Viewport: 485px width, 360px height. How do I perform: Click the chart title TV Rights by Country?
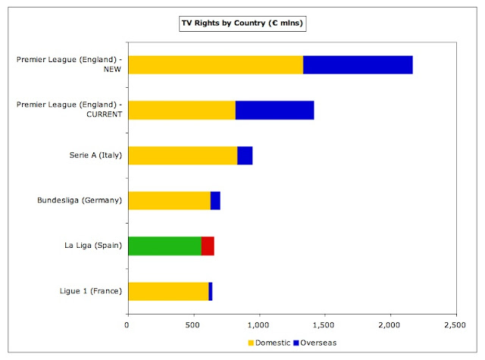click(242, 23)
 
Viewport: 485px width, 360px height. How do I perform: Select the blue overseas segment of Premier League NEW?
click(358, 65)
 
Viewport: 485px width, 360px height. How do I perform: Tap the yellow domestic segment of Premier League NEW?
click(215, 65)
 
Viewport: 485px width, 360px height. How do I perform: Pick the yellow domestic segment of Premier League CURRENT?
click(181, 110)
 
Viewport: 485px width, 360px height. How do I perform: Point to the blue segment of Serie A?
click(245, 155)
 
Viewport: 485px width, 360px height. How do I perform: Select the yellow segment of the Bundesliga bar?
click(169, 201)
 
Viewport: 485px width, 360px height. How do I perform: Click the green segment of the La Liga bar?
click(164, 246)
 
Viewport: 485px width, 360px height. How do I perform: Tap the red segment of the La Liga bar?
click(208, 246)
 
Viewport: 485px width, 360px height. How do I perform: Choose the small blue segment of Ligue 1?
click(211, 292)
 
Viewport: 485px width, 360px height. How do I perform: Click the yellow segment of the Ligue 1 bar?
click(168, 292)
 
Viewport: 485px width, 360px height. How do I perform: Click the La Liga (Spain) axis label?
click(93, 246)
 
